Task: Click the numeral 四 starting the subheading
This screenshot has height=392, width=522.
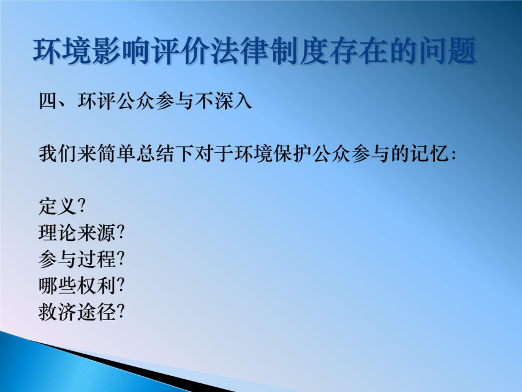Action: [x=48, y=100]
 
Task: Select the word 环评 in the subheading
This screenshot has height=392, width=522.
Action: [x=97, y=100]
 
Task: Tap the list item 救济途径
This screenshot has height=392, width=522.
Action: [x=77, y=312]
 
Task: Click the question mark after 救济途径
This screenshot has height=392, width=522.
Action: [x=121, y=311]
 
